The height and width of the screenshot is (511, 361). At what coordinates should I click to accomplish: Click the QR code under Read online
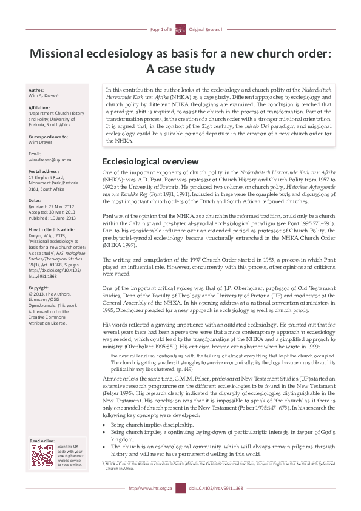[x=41, y=455]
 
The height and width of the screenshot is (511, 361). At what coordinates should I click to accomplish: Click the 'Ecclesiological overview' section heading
[x=149, y=161]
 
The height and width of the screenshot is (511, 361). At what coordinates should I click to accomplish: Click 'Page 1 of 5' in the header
[x=161, y=29]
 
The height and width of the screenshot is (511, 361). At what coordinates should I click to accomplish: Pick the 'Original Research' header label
[x=206, y=29]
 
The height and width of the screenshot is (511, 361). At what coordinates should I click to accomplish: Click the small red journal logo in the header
[x=181, y=29]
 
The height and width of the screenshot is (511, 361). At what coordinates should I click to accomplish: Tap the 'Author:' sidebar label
[x=37, y=89]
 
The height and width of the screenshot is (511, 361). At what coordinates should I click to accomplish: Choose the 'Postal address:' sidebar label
[x=44, y=171]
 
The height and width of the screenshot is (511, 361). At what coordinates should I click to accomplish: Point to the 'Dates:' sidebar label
[x=36, y=200]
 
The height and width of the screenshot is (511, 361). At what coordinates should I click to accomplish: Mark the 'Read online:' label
[x=42, y=440]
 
